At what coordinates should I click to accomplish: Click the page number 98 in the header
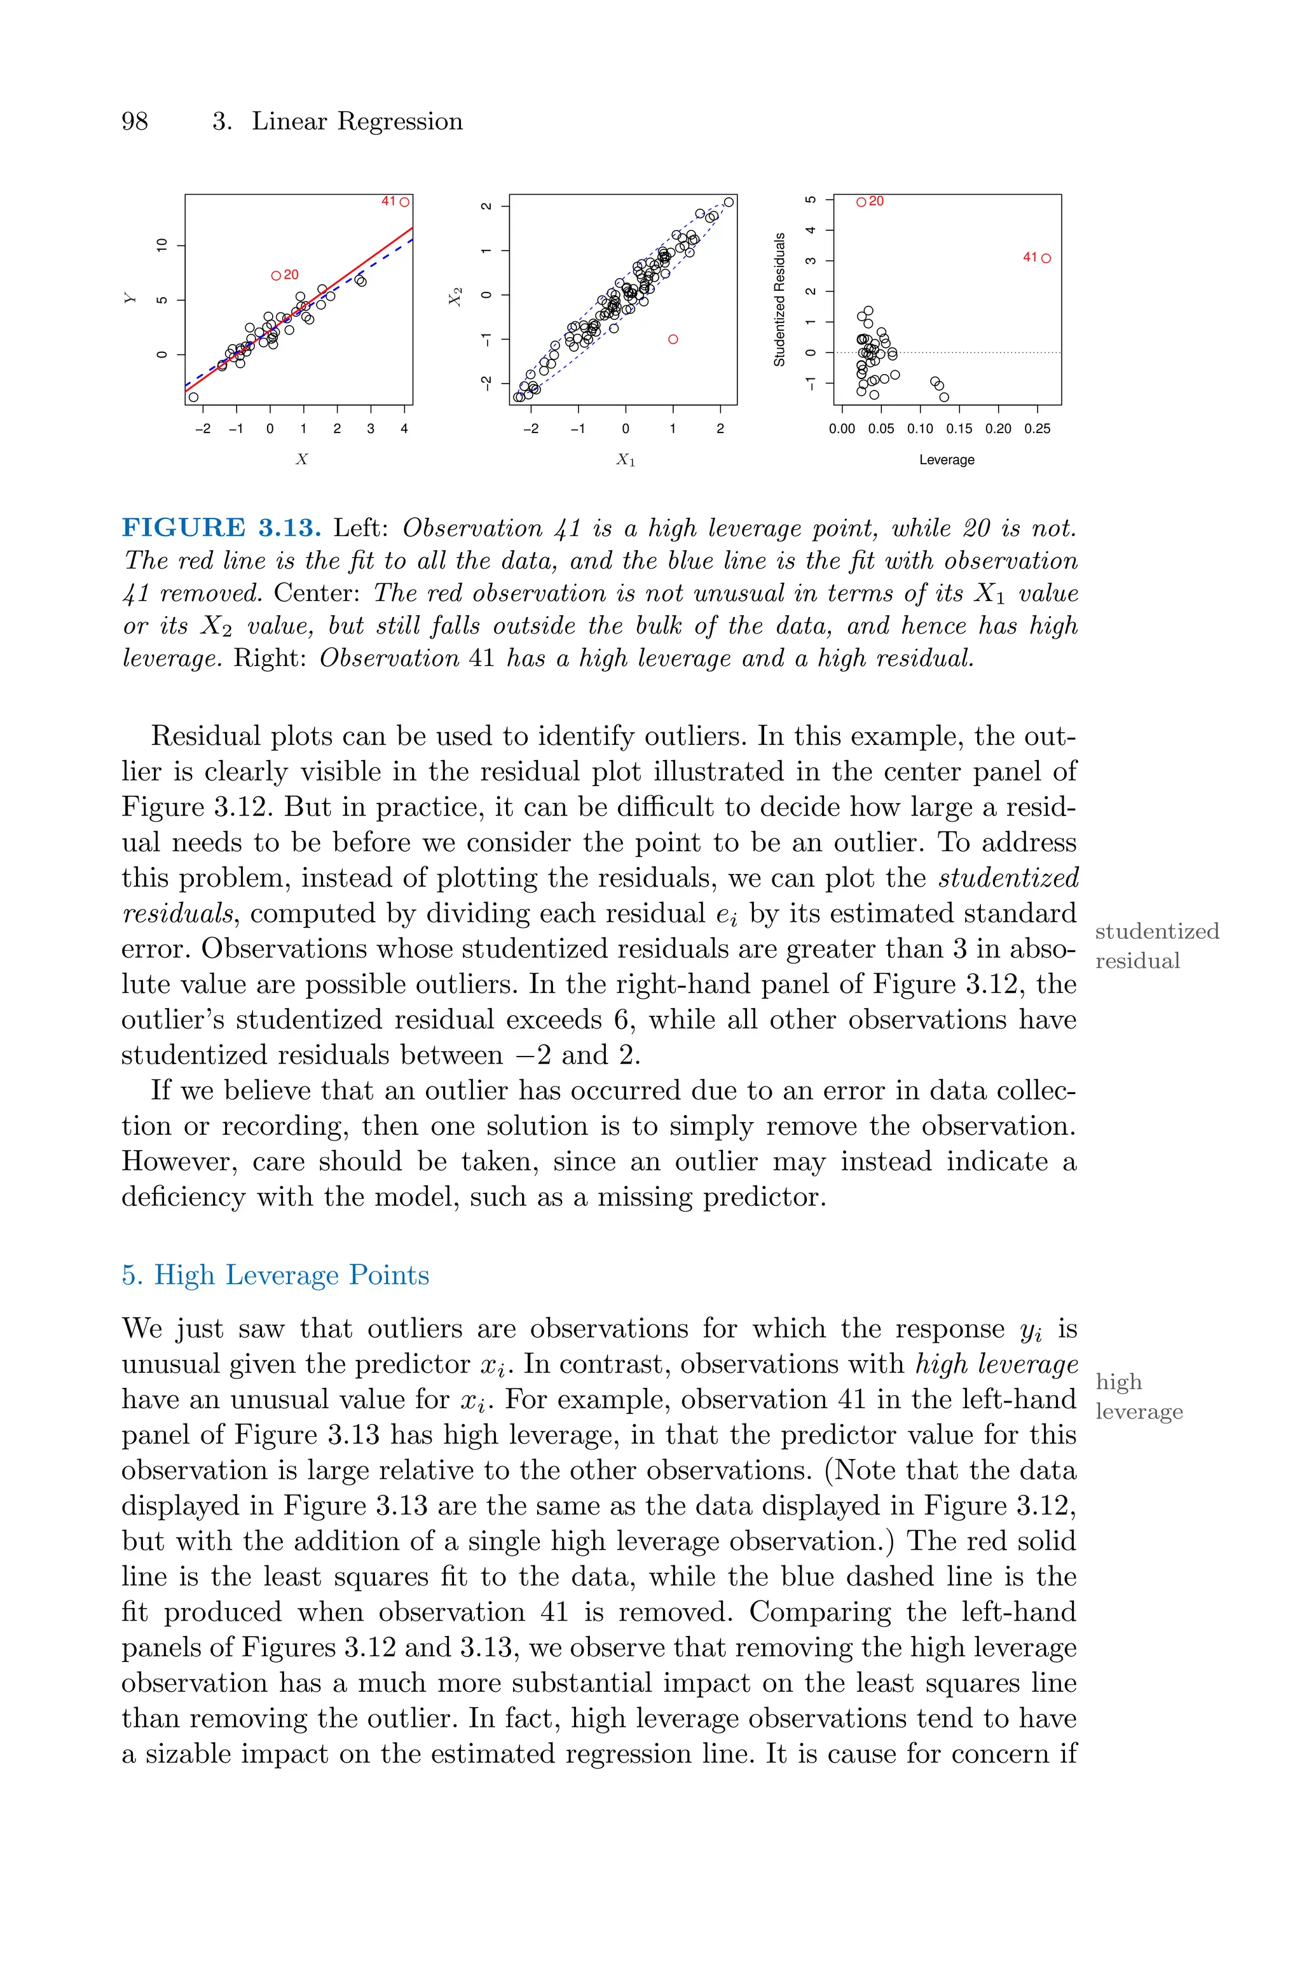point(135,121)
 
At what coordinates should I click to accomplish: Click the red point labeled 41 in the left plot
point(404,202)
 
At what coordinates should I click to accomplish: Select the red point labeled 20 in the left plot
point(276,275)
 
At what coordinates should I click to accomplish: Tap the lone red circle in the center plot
point(673,339)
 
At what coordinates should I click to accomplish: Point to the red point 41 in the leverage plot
point(1045,258)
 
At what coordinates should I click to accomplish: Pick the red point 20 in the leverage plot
point(861,202)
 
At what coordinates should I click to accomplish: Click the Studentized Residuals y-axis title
point(779,299)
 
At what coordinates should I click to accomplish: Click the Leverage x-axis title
point(947,459)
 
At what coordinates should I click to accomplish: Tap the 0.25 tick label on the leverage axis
point(1036,429)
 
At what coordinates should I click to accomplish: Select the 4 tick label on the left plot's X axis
point(404,429)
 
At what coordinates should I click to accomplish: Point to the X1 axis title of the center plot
point(626,459)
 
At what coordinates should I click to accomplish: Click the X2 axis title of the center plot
point(455,296)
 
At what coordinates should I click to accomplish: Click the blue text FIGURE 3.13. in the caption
point(221,527)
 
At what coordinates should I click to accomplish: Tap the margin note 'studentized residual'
point(1156,945)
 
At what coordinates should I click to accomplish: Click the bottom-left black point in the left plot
point(193,397)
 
